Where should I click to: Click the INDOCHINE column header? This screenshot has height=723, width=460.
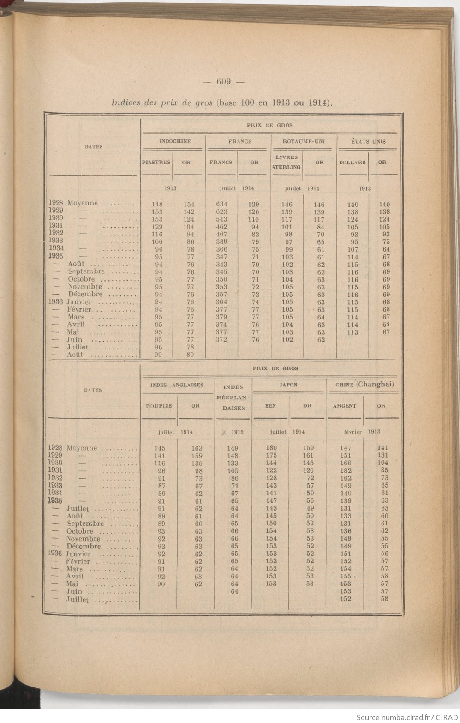pos(175,141)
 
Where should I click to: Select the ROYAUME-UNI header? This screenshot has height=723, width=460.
pos(303,141)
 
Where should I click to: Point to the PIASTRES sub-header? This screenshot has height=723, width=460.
pos(156,163)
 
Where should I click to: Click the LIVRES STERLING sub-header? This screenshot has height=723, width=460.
pos(287,162)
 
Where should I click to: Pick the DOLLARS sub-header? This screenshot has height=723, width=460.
pos(352,163)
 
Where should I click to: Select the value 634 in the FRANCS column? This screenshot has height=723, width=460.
pos(221,204)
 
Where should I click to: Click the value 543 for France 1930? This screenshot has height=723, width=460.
pos(221,219)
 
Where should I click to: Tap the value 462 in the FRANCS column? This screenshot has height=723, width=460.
pos(221,227)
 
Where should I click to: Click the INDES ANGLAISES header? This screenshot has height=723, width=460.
pos(177,385)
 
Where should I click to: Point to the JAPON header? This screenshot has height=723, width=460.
pos(288,384)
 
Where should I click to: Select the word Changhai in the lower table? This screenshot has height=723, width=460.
pos(375,384)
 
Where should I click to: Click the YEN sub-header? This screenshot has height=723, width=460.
pos(271,406)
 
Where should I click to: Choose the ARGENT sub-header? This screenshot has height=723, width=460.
pos(345,406)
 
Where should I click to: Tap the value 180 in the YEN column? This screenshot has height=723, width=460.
pos(271,447)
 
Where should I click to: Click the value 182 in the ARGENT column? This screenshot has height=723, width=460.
pos(346,470)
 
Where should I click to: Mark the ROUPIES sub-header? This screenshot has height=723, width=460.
pos(159,406)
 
